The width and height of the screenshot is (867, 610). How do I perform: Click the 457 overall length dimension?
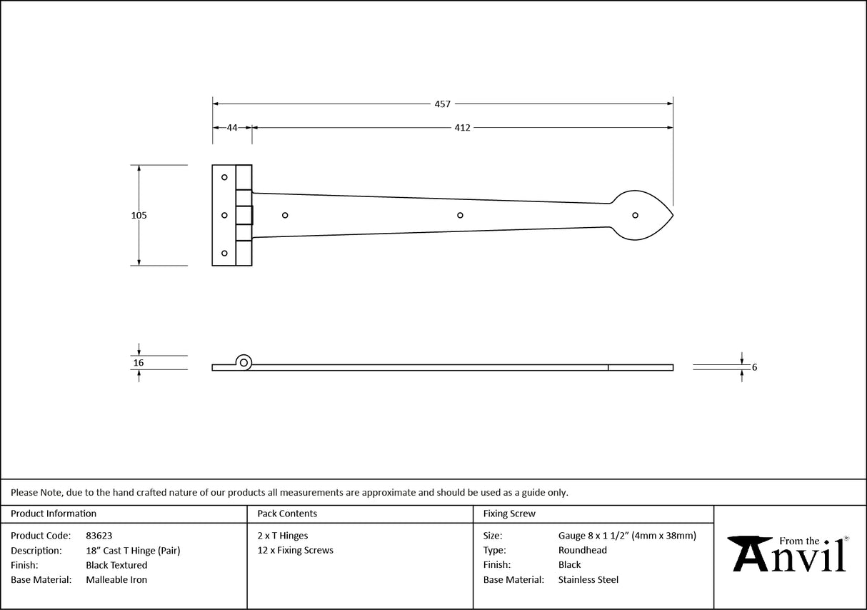pos(442,104)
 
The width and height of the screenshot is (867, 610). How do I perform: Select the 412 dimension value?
pos(462,128)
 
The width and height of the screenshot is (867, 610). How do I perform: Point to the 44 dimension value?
pos(232,128)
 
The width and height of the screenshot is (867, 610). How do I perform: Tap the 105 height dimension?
pos(139,215)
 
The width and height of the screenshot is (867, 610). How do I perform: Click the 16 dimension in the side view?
pos(139,363)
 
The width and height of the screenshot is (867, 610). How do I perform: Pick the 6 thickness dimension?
pos(754,368)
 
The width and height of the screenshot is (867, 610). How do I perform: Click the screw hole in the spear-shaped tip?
pos(634,215)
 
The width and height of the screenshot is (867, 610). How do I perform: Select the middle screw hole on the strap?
pos(460,215)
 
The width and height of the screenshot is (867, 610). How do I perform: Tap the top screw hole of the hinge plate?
pos(224,177)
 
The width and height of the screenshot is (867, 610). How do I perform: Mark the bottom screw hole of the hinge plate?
pos(224,253)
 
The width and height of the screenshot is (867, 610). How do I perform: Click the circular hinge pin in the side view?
pos(244,362)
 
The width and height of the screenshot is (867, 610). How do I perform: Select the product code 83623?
pos(99,536)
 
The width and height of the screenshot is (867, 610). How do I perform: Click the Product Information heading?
pos(54,514)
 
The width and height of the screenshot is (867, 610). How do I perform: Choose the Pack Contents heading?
pos(287,514)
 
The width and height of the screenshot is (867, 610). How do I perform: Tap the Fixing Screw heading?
pos(509,514)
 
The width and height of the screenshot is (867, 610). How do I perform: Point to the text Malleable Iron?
pos(116,580)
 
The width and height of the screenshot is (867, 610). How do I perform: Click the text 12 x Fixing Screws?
pos(295,551)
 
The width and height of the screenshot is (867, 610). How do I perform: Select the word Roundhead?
pos(583,551)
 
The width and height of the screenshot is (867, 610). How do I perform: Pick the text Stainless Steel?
pos(588,580)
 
